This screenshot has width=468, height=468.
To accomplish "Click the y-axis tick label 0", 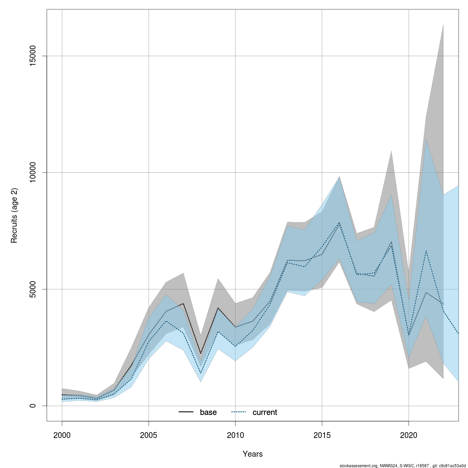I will (x=33, y=406).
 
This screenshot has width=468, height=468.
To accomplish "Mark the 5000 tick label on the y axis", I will (x=33, y=289).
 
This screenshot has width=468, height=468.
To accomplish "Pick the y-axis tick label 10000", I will (x=33, y=172).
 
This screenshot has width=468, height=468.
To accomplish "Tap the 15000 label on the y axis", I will (x=33, y=56).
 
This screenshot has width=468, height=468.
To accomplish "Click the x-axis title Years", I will (x=253, y=454).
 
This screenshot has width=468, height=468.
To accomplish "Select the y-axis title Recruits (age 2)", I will (x=14, y=215).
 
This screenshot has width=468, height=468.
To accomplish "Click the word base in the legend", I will (x=208, y=412).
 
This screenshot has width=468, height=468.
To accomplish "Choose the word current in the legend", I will (x=265, y=412).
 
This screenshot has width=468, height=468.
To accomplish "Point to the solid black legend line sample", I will (x=186, y=412).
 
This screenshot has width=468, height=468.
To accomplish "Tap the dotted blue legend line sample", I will (x=239, y=412).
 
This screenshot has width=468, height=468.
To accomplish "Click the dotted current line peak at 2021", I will (x=426, y=251).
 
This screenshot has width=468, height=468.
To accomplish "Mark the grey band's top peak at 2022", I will (x=443, y=25).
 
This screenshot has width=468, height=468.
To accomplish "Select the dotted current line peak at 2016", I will (x=339, y=223).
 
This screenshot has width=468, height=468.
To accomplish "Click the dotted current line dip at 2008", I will (x=200, y=373).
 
